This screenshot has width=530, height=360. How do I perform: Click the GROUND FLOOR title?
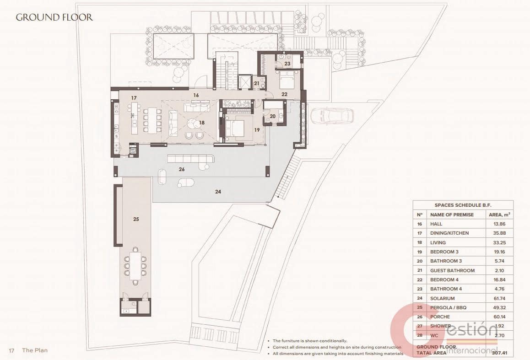point(54,18)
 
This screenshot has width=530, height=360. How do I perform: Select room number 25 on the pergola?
point(136,219)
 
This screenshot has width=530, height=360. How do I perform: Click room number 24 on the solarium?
point(218,192)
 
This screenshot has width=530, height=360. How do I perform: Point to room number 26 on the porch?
point(182,169)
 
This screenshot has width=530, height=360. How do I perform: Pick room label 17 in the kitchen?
point(134,98)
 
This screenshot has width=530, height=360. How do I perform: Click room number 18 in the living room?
point(202,123)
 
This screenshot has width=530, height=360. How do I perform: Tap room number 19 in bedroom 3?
point(257,130)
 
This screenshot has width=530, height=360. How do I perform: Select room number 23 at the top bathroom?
point(287,64)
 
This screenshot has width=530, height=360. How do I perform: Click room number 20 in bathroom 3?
point(272,116)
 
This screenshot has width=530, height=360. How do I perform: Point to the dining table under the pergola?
point(136,264)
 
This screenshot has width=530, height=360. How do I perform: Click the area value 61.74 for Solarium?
point(499,298)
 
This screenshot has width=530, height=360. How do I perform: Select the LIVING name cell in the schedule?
point(438,242)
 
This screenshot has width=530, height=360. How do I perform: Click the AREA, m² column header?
point(499,215)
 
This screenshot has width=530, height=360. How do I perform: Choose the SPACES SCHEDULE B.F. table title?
point(463,205)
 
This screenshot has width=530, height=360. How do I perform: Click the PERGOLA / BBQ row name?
point(448,307)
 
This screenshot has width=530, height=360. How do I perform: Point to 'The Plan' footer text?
point(35,350)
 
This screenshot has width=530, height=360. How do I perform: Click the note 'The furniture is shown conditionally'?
point(310,341)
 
